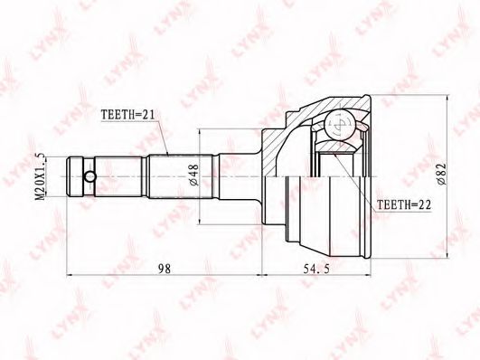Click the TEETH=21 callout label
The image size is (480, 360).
[x=128, y=115]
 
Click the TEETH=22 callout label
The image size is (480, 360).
[x=404, y=204]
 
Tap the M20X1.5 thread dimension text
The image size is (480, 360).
[x=40, y=176]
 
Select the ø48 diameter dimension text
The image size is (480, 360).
[x=194, y=175]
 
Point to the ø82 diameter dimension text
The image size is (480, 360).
[x=442, y=175]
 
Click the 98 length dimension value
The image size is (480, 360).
[x=165, y=269]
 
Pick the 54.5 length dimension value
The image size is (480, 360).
[x=316, y=269]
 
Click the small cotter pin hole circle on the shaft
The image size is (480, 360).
[x=90, y=176]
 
